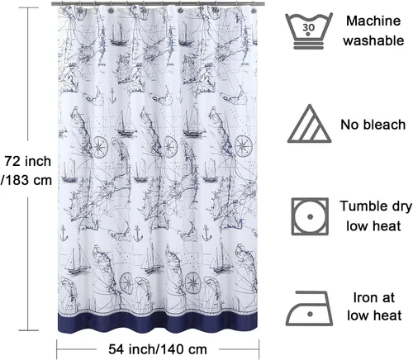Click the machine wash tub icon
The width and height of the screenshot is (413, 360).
tap(309, 31)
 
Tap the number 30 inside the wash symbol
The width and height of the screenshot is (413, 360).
tap(308, 27)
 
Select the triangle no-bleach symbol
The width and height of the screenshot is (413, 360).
tap(310, 124)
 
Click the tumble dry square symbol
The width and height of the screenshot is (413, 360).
tap(310, 216)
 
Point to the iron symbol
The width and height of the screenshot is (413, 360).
tap(309, 308)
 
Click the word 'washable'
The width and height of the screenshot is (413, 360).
tap(373, 40)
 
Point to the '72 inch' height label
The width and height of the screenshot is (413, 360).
tap(28, 161)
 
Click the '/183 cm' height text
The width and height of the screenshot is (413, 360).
tap(26, 180)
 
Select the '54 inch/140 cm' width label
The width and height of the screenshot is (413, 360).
tap(158, 349)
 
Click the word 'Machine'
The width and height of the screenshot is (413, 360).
tap(373, 21)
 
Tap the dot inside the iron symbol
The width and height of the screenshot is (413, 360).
tap(311, 314)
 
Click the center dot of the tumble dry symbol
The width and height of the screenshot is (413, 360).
tap(311, 216)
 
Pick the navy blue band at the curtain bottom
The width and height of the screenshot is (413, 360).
tap(158, 323)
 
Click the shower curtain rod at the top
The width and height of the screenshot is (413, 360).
tap(158, 4)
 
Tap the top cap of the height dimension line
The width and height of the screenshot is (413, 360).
tap(29, 7)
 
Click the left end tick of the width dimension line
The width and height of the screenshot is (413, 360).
tap(57, 349)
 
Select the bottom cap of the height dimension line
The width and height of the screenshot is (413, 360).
tap(29, 330)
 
